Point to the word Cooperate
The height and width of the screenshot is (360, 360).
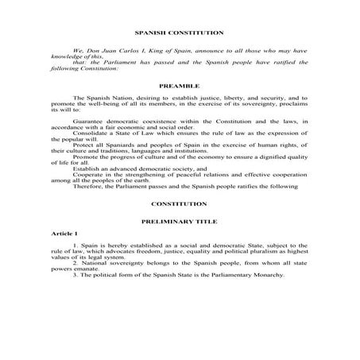point(85,195)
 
